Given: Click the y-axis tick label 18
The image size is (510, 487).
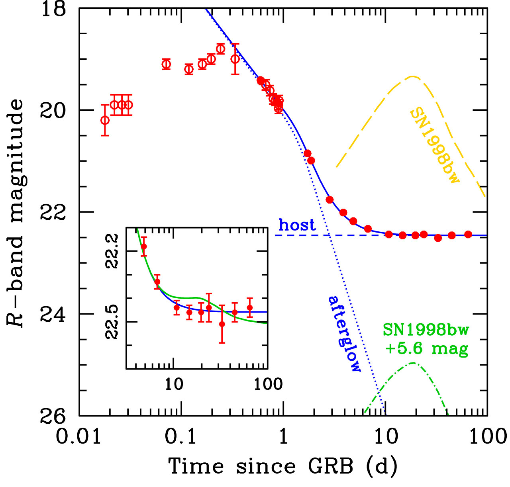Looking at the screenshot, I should coord(53,9).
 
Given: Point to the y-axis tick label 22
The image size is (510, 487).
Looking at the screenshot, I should coord(53,212).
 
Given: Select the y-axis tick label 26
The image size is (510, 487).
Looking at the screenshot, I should coord(53,416).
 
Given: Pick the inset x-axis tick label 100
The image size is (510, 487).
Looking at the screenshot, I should coord(267,384).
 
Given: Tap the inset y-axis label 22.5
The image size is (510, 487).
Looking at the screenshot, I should coord(113,322).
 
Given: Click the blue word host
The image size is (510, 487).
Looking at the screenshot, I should coord(297,225).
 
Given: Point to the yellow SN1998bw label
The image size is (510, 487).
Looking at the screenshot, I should coord(434,145).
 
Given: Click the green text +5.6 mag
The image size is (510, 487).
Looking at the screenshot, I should coord(426,349).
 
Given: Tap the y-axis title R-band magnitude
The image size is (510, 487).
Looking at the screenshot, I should coord(16,213).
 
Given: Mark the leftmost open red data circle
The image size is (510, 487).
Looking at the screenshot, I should coord(105,120).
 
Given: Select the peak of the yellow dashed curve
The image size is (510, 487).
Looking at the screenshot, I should coord(412,76).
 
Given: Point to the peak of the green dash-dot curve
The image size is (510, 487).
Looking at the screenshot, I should coord(413,363).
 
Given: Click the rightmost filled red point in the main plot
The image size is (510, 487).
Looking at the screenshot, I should coord(468,234).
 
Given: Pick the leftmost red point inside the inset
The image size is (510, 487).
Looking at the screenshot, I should coord(144,246).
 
